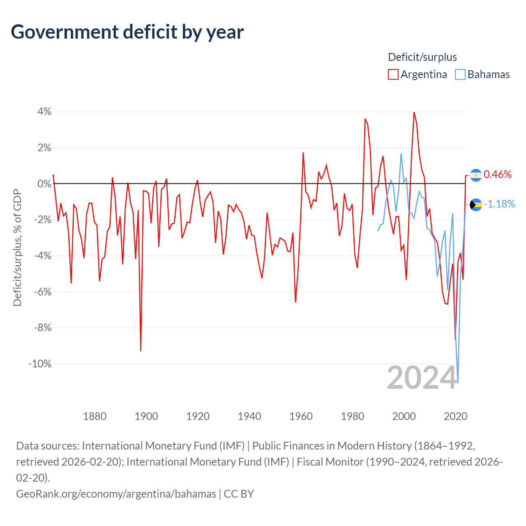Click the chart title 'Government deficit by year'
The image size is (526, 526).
[x=127, y=32]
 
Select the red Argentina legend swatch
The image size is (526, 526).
[x=393, y=74]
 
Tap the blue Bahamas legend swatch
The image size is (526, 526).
[x=460, y=74]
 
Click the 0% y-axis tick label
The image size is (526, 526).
[x=44, y=184]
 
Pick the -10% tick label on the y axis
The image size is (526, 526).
[x=40, y=364]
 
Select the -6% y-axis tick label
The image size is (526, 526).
[x=42, y=292]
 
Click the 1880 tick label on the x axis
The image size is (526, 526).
[x=95, y=416]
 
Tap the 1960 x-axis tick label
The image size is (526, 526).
[x=301, y=416]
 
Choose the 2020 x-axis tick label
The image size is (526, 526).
[x=455, y=416]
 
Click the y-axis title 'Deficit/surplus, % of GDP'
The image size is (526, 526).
[x=17, y=247]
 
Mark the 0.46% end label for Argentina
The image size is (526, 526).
[x=498, y=174]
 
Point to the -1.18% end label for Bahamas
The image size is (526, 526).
[x=499, y=204]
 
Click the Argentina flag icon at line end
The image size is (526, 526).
[x=476, y=175]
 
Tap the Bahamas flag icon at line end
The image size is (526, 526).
[x=476, y=204]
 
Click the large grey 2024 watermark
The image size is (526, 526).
[x=422, y=377]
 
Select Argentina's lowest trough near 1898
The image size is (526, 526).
[x=141, y=351]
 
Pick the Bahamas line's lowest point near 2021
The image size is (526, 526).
[x=458, y=383]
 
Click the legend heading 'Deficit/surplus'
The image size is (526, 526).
[x=422, y=57]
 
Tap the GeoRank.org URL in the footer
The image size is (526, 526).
[x=116, y=494]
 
